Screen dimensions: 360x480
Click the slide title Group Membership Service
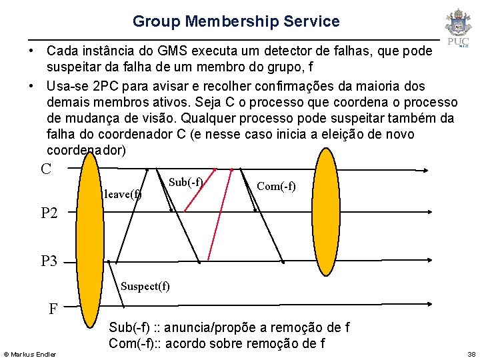coord(236,21)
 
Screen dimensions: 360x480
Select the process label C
coord(46,169)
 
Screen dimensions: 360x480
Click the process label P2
coord(49,213)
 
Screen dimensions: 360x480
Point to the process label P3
coord(49,261)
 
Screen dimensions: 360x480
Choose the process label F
coord(53,309)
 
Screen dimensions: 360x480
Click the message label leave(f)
coord(123,195)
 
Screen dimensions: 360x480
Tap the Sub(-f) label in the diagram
coord(185,182)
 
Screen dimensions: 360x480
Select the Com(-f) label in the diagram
coord(276,186)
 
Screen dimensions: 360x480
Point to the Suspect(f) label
coord(145,286)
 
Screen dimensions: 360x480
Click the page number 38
coord(471,353)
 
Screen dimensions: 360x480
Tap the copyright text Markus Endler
coord(30,353)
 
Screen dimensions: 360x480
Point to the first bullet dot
coord(31,51)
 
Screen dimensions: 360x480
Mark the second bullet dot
coord(31,87)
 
